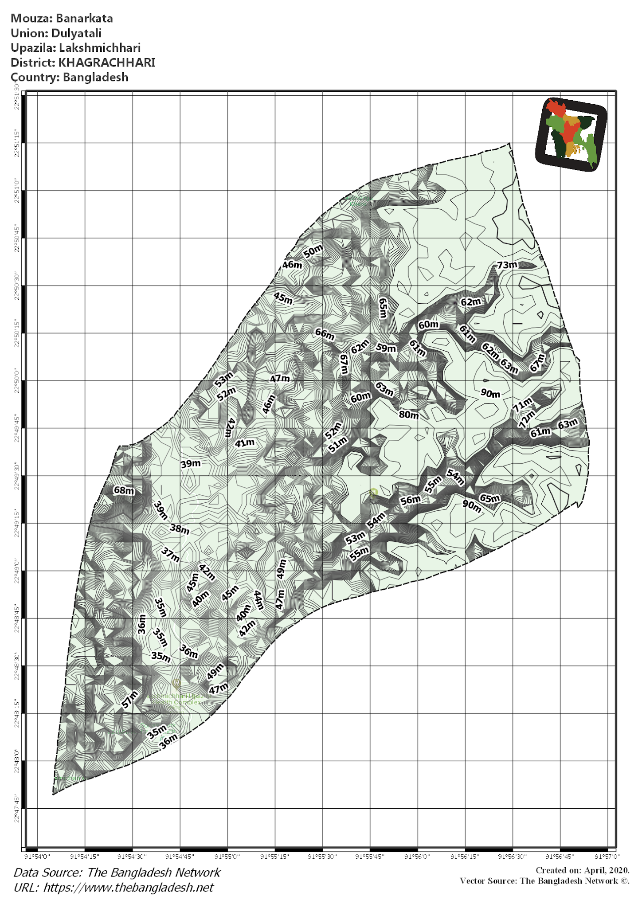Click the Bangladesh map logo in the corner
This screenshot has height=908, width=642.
571,134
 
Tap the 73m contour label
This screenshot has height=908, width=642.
507,265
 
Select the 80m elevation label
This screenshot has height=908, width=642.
408,415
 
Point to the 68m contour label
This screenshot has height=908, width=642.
124,490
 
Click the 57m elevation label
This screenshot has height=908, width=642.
130,699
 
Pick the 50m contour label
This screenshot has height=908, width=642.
313,251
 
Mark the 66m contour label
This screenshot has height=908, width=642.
325,334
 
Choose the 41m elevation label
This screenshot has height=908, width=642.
245,443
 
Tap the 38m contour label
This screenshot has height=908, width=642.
180,529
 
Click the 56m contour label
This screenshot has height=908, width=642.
410,500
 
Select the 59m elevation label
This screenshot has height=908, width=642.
386,348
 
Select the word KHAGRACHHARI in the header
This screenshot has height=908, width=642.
107,63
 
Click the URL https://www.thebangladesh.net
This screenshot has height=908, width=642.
129,887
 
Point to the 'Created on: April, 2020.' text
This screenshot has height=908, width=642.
582,870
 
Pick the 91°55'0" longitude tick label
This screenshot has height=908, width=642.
227,857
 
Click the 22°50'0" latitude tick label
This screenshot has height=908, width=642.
17,380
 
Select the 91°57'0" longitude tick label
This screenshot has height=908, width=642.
607,857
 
